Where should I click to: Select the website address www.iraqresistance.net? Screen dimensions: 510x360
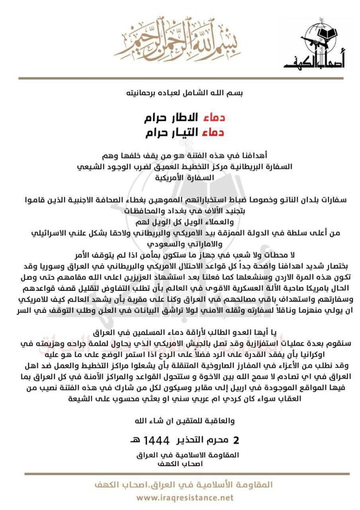click(185, 497)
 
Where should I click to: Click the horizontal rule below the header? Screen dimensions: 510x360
click(180, 78)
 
